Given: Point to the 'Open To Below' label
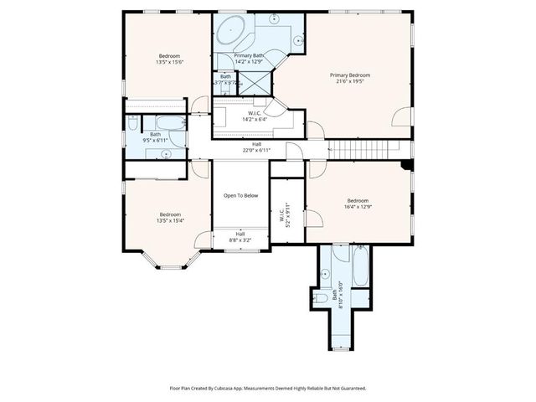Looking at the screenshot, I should (240, 195).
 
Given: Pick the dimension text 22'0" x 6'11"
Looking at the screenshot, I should (256, 151).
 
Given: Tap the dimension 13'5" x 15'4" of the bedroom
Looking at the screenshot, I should (170, 220).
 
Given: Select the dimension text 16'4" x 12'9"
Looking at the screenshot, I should (358, 208).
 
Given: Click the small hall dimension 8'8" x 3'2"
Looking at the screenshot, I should (240, 240).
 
